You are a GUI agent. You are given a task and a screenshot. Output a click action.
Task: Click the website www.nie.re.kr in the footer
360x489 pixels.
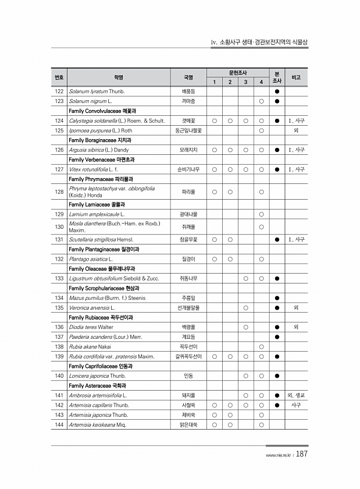point(279,456)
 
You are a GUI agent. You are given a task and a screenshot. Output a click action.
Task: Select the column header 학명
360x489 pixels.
point(118,77)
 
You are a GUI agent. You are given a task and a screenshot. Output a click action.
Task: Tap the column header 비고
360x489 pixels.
point(296,77)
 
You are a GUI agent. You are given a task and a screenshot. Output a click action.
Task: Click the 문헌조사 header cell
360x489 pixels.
point(238,72)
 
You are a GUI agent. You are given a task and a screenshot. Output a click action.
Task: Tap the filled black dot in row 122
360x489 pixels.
point(277,92)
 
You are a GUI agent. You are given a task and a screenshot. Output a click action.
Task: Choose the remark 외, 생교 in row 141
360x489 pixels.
point(296,395)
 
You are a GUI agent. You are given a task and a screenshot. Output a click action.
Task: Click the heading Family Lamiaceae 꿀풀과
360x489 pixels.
point(96,204)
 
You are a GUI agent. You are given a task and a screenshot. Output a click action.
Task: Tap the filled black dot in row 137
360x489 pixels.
point(277,336)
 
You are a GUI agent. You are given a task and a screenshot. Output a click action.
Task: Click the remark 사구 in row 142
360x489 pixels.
point(296,405)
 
